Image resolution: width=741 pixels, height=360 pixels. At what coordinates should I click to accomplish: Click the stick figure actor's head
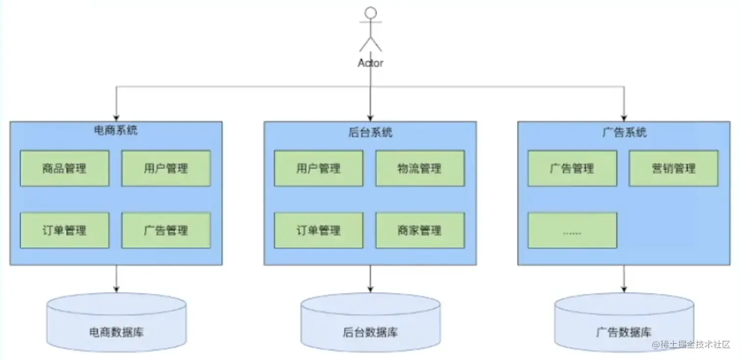(x=370, y=13)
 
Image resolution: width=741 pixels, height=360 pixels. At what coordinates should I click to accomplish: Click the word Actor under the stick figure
(x=370, y=63)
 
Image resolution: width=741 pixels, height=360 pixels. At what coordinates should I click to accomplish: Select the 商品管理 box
(x=65, y=168)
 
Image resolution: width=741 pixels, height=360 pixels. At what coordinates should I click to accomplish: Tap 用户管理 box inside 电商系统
(x=166, y=168)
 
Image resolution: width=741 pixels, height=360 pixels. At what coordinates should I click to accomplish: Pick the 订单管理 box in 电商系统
(x=65, y=230)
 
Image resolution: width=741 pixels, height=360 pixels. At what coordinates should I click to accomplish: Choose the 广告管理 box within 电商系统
(x=166, y=230)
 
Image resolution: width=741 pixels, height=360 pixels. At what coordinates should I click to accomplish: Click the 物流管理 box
(x=420, y=168)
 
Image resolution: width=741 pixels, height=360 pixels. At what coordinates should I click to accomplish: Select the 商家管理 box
(x=420, y=230)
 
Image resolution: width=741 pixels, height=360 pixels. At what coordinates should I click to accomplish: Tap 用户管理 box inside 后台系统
(x=319, y=168)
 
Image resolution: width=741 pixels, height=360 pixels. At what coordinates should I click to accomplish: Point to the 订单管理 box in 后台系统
(x=319, y=230)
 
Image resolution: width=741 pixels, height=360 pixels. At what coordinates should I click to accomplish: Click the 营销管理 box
(x=673, y=168)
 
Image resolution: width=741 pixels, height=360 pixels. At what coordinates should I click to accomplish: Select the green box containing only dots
(x=572, y=230)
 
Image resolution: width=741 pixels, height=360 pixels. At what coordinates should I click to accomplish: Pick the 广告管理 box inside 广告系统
(x=572, y=168)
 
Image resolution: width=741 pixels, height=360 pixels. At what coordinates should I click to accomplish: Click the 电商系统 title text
(x=116, y=131)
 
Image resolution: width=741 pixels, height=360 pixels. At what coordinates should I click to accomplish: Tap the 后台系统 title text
(x=370, y=132)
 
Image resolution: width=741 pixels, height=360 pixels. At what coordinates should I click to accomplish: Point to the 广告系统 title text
(x=624, y=132)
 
